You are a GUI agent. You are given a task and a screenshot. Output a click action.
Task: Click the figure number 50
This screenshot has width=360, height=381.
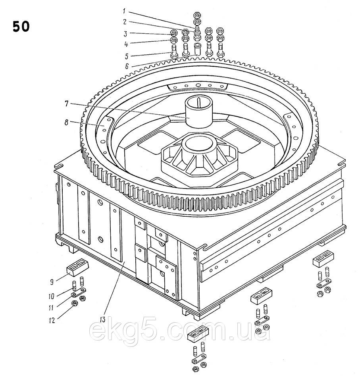pyautogui.click(x=21, y=27)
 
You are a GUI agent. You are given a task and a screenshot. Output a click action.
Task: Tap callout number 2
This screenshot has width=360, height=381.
pyautogui.click(x=125, y=22)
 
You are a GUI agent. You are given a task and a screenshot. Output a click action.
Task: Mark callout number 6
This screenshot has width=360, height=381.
pyautogui.click(x=126, y=66)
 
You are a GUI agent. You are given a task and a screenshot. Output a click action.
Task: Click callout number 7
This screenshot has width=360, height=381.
pyautogui.click(x=67, y=104)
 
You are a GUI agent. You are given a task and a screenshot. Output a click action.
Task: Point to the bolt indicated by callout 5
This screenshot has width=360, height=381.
pyautogui.click(x=174, y=52)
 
